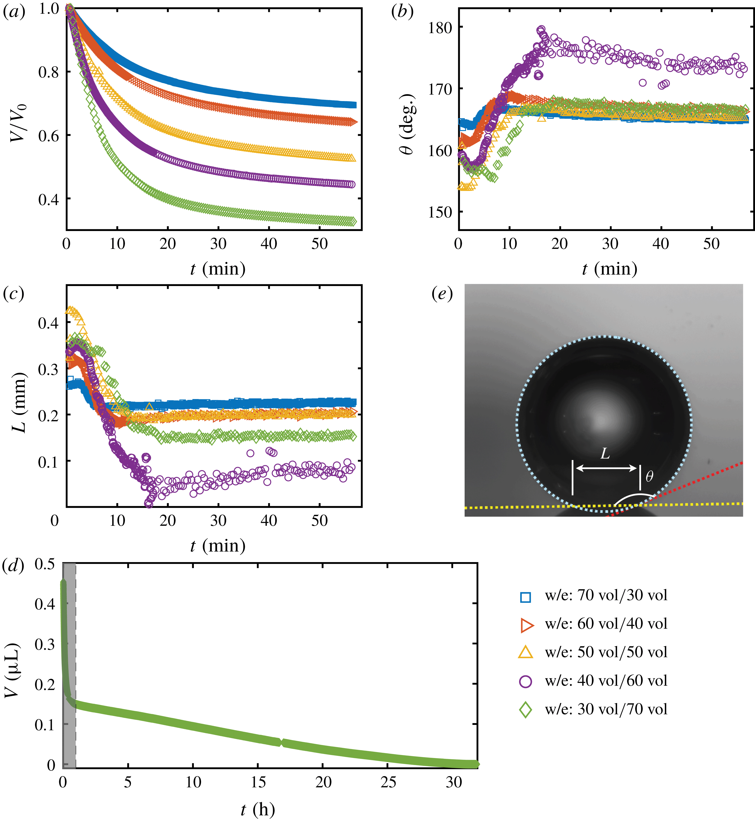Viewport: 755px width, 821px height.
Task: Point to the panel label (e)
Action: click(442, 293)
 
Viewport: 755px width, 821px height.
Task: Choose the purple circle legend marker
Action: click(525, 681)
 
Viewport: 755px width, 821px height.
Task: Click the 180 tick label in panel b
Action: click(440, 28)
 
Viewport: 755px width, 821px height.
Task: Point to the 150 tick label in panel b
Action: click(440, 212)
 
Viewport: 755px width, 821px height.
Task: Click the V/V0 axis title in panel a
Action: click(18, 122)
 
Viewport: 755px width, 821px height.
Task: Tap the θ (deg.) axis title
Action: click(407, 125)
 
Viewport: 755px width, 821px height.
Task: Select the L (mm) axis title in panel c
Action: click(18, 403)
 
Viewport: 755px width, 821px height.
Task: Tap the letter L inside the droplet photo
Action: click(605, 453)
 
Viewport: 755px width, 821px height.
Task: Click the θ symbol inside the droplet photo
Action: click(649, 476)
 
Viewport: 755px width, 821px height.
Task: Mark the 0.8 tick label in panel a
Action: click(49, 72)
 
